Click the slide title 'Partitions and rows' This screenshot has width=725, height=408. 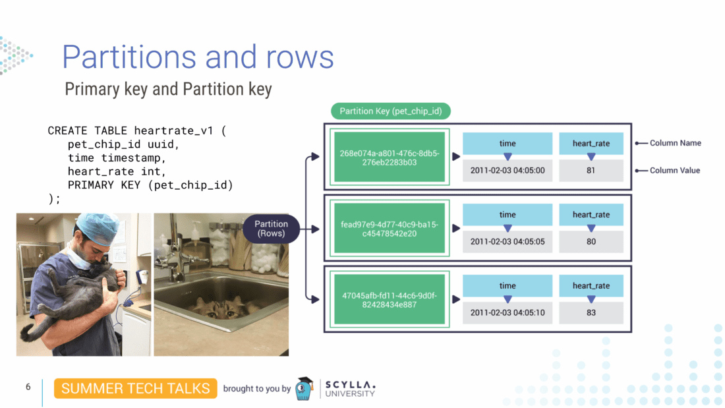198,57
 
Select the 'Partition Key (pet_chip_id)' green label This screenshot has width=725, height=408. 390,111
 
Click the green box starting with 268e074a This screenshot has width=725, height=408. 390,157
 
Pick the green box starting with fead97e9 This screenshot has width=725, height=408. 390,229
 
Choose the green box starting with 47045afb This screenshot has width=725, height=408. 390,300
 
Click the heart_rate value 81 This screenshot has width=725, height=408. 591,170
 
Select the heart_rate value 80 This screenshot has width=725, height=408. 591,242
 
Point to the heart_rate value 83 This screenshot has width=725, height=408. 591,312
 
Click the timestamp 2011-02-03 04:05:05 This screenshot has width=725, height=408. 507,242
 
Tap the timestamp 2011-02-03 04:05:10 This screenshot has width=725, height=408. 507,312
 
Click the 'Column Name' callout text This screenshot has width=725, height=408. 675,143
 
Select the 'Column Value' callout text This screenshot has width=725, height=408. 675,170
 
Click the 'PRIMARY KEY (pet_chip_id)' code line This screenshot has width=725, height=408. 150,185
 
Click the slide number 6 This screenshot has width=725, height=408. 28,387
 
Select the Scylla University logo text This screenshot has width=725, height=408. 350,389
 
